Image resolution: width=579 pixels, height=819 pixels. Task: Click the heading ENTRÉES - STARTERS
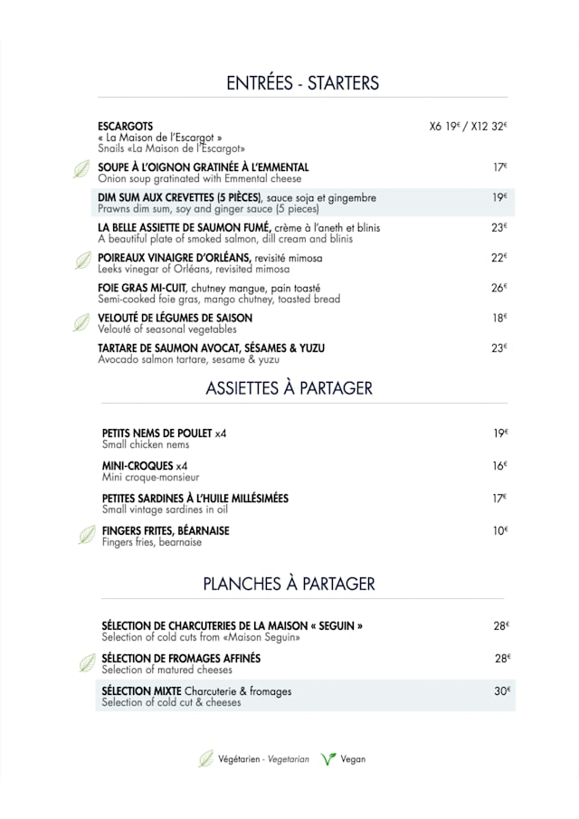tap(302, 83)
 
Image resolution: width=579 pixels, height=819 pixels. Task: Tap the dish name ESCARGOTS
tap(125, 126)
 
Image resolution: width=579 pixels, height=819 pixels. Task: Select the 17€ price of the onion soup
tap(499, 167)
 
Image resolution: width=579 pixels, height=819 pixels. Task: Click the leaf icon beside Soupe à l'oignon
tap(81, 169)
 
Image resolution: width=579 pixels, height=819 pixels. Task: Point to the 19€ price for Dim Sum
tap(499, 197)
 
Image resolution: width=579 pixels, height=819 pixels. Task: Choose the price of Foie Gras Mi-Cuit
tap(499, 288)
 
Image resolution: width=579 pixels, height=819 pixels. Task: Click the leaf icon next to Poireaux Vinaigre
tap(82, 261)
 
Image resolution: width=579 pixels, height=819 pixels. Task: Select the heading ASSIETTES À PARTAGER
tap(289, 387)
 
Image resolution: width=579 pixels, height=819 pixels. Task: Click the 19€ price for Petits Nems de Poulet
tap(500, 433)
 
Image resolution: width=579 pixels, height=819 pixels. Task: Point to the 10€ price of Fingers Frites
tap(500, 530)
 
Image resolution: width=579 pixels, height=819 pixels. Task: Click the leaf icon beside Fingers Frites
tap(87, 535)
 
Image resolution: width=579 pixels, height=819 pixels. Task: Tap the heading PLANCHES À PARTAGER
tap(289, 584)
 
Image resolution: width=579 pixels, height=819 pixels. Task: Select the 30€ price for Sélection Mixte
tap(503, 690)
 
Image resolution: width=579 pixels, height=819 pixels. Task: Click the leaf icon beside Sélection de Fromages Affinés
tap(87, 663)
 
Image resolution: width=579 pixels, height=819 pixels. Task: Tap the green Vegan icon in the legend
tap(327, 759)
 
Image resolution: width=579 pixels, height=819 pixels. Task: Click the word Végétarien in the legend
tap(240, 759)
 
